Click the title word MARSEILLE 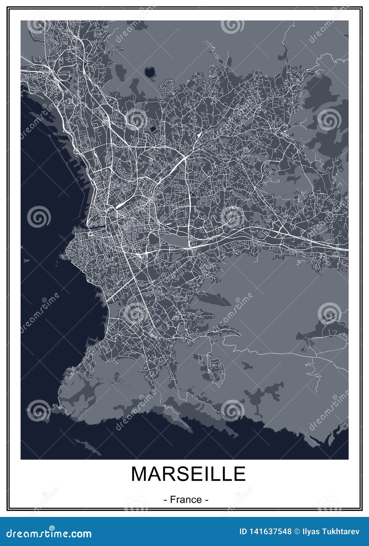click(188, 474)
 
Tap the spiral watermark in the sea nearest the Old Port click(39, 217)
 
